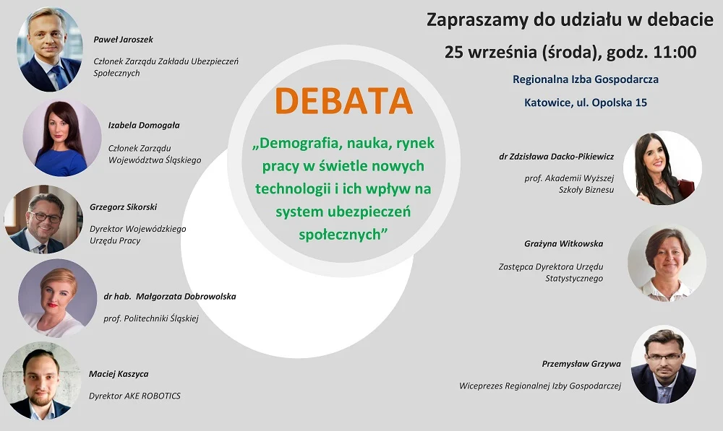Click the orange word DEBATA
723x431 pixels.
[x=344, y=102]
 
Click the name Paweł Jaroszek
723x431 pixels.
[x=124, y=40]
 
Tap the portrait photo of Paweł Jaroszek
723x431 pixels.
[x=50, y=49]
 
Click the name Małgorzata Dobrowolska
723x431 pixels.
[x=170, y=296]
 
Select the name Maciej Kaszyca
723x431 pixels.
[x=119, y=374]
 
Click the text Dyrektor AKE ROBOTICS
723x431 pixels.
[x=134, y=396]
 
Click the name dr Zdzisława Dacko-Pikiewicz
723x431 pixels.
[x=556, y=155]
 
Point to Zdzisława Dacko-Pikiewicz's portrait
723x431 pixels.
[x=662, y=167]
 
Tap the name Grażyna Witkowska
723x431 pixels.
[x=563, y=244]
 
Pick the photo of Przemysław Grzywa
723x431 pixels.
[x=663, y=364]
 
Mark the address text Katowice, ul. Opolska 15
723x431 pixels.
[x=585, y=103]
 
